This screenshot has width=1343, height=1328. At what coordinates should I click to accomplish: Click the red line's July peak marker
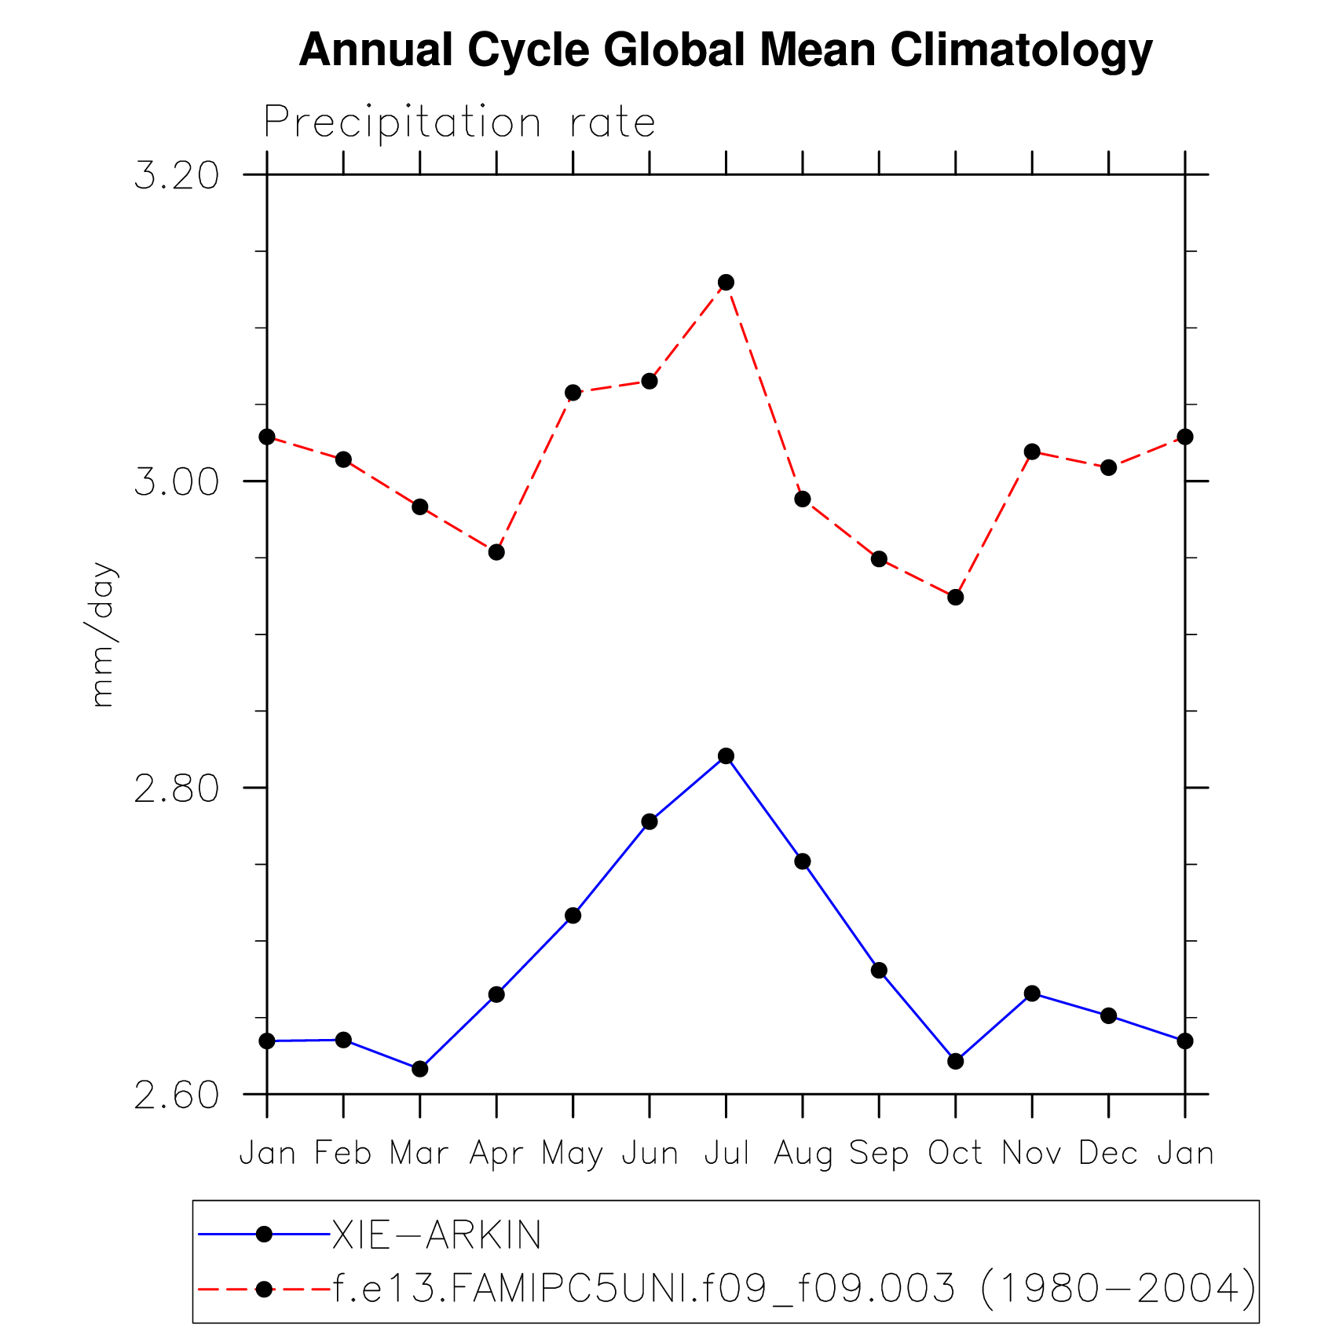point(726,282)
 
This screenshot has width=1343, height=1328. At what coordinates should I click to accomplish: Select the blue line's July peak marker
point(726,755)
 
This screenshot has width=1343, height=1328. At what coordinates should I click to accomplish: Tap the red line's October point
point(955,597)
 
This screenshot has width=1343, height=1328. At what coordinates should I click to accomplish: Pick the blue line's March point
point(420,1068)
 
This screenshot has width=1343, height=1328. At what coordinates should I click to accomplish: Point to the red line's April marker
point(496,552)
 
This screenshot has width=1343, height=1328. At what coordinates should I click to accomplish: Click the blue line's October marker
point(955,1061)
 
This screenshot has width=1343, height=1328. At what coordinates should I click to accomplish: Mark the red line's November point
point(1032,452)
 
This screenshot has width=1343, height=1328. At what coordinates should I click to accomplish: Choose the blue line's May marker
point(573,915)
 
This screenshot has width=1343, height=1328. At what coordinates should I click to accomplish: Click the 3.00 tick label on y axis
point(177,481)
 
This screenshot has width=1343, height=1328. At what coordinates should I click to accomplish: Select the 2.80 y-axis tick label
point(177,788)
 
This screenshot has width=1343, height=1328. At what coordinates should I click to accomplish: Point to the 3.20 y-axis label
point(177,175)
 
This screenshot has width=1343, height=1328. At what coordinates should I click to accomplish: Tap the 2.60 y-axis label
point(177,1095)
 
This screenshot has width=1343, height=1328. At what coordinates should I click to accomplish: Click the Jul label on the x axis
point(726,1153)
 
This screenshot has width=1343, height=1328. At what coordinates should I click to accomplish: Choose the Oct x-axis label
point(955,1153)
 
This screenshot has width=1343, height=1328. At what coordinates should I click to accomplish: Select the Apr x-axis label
point(496,1154)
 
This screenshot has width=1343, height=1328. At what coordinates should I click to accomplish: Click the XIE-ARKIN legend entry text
point(437,1235)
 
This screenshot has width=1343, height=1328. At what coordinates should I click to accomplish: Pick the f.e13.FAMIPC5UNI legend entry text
point(794,1288)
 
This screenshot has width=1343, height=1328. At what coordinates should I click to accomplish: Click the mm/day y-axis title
point(103,635)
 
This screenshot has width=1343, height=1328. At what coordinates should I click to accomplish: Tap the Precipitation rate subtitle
point(459,123)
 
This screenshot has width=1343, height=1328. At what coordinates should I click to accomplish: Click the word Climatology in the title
point(1021,50)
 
